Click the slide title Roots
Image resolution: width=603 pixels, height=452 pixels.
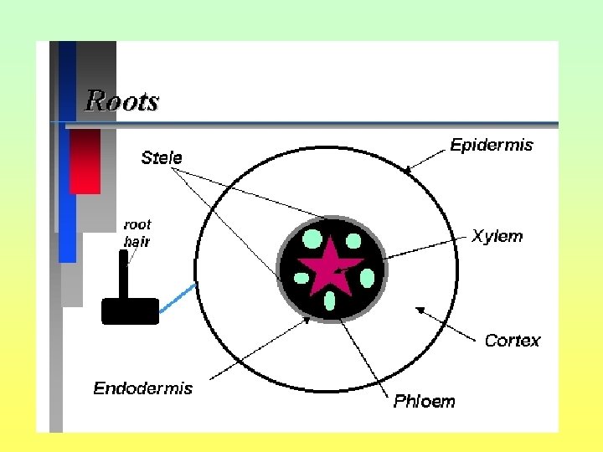tap(121, 101)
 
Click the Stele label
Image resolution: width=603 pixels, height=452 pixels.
tap(162, 157)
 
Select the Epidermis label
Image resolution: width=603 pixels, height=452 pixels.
tap(492, 145)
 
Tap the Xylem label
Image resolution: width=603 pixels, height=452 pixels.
tap(497, 236)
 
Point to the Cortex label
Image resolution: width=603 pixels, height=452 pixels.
tap(513, 341)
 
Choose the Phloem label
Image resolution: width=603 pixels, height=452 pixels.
tap(425, 401)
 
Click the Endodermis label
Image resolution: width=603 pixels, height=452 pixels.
tap(142, 388)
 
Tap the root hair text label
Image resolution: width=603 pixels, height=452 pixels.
tap(137, 233)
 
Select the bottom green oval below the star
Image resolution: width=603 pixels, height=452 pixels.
tap(330, 300)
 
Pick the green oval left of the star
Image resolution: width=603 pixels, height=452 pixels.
tap(301, 277)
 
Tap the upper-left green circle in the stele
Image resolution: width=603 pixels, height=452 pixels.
tap(312, 239)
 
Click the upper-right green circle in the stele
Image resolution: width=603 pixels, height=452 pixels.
tap(353, 242)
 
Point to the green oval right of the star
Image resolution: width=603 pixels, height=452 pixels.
tap(367, 276)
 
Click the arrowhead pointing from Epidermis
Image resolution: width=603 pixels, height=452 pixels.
tap(408, 170)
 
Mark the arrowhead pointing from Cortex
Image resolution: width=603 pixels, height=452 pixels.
tap(419, 309)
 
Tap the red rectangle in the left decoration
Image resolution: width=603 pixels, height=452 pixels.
tap(85, 162)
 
